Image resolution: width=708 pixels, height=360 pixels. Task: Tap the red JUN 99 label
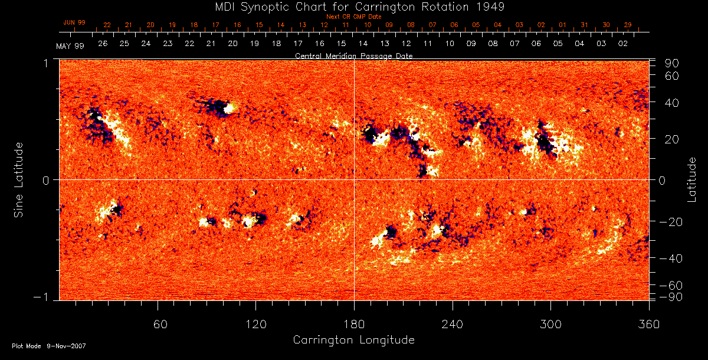(x=74, y=22)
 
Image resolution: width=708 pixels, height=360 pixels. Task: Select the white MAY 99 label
(x=70, y=45)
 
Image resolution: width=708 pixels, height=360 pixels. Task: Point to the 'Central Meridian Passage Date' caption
(x=354, y=56)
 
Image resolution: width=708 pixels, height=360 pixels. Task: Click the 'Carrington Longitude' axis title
(x=353, y=340)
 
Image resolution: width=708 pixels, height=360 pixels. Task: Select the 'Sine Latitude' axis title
(x=19, y=179)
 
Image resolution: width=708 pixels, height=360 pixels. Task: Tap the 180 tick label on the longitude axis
(x=354, y=325)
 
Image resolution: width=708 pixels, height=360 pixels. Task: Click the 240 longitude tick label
(x=452, y=325)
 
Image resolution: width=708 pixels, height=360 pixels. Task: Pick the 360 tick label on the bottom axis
(x=648, y=325)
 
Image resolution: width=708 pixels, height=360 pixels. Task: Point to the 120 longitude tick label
(x=255, y=325)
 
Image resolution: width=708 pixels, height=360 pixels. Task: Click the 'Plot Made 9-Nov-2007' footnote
(x=49, y=346)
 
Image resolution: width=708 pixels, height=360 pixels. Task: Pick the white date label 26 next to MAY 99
(x=103, y=44)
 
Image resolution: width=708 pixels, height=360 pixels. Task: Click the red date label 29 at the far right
(x=628, y=25)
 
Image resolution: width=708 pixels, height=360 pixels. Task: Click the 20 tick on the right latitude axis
(x=673, y=139)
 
